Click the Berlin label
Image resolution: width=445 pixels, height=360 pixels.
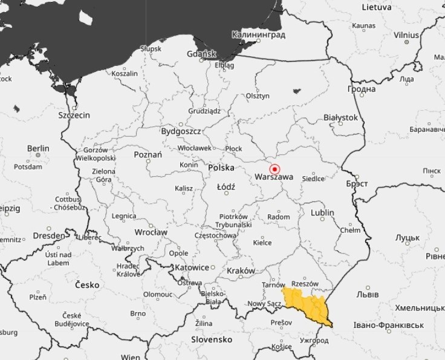click(38, 148)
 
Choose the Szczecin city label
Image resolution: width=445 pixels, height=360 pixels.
click(74, 114)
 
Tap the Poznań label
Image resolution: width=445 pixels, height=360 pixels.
click(148, 155)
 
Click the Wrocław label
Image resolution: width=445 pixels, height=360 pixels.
click(151, 232)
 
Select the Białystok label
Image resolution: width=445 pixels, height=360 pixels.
click(341, 117)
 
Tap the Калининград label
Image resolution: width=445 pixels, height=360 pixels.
click(259, 35)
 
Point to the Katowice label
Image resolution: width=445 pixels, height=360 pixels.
click(192, 267)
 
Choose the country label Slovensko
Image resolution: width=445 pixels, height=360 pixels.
click(212, 340)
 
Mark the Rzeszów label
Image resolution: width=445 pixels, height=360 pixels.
click(305, 283)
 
